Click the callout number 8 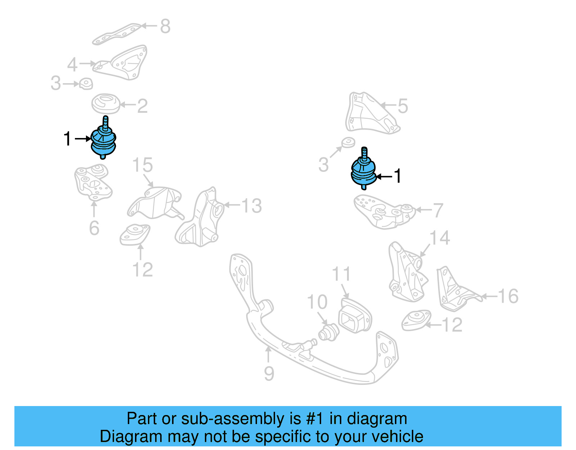(x=165, y=26)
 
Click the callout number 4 (x=72, y=65)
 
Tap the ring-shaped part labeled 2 (x=105, y=104)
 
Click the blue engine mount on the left (x=103, y=141)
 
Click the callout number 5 (x=402, y=106)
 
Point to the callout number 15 (x=143, y=165)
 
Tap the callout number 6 (x=94, y=228)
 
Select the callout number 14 (x=440, y=238)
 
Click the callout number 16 (x=508, y=297)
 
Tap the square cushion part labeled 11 (x=354, y=317)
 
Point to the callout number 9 (x=269, y=374)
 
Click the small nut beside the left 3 (x=86, y=84)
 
